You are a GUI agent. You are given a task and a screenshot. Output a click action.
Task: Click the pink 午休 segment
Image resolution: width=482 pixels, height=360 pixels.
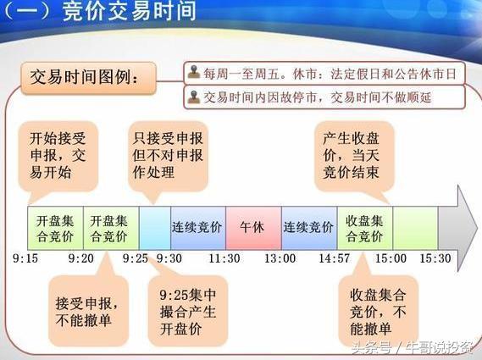pos(252,228)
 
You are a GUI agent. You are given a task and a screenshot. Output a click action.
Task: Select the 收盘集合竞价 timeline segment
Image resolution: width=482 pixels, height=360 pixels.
pos(364,228)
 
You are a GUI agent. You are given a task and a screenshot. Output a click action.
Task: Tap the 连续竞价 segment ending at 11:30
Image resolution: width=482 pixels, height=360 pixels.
pos(197,228)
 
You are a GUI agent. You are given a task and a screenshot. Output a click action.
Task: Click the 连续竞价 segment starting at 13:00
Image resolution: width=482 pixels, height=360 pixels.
pos(308,228)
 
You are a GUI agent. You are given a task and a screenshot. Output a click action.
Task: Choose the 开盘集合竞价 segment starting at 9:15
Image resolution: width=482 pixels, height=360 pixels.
pos(55,228)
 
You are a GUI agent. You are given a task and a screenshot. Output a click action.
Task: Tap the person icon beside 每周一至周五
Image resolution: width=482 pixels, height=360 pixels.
pos(194,74)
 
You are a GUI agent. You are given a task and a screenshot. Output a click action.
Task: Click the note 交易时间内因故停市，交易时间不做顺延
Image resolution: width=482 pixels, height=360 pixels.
pos(326,97)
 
